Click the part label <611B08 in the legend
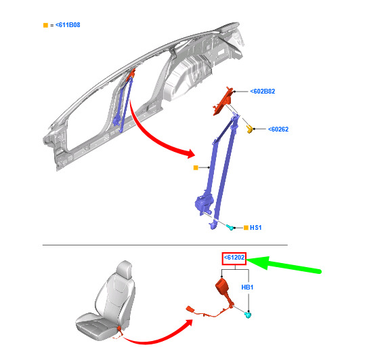point(68,25)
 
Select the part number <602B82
point(263,92)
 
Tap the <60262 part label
point(278,129)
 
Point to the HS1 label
point(255,227)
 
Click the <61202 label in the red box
point(234,258)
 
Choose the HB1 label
point(247,287)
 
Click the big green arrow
point(283,265)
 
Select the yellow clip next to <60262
point(249,129)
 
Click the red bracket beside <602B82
point(223,101)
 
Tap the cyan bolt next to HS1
point(230,227)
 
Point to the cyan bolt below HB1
point(248,315)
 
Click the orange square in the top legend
point(45,25)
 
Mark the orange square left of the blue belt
point(196,167)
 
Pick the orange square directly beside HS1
point(246,227)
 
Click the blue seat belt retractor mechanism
point(204,203)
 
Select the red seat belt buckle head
point(222,287)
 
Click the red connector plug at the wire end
point(190,309)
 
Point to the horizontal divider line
point(165,245)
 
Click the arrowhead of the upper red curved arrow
point(190,154)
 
